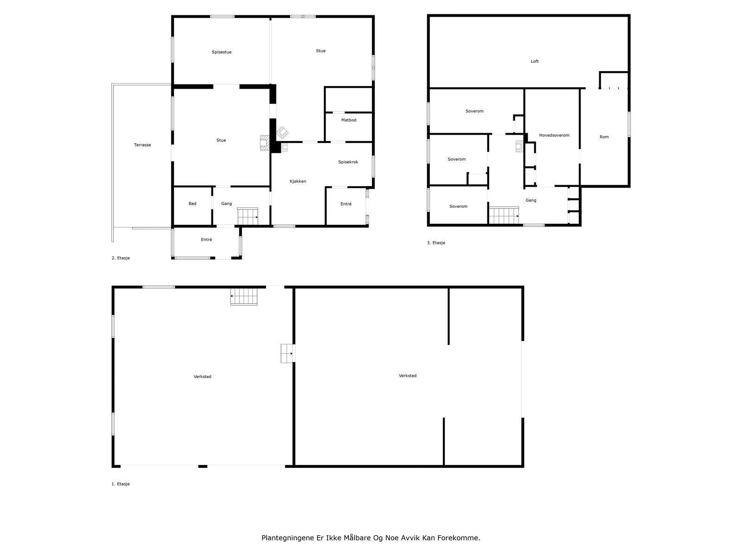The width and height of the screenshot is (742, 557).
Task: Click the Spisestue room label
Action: pos(221,52)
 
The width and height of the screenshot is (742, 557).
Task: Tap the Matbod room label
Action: pos(349,120)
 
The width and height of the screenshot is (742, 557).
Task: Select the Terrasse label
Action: pos(142,145)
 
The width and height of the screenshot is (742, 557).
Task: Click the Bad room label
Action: pos(192,204)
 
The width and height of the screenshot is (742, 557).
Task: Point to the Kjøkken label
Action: pos(298,181)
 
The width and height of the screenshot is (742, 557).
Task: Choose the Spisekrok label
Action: pos(348,162)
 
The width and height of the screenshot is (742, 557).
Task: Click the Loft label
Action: pos(535,61)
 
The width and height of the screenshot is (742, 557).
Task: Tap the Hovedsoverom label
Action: pos(554,136)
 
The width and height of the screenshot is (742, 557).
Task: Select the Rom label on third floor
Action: pos(604,137)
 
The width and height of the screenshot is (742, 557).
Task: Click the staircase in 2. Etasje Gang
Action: pos(248,216)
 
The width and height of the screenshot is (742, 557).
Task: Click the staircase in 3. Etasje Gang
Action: pos(504,215)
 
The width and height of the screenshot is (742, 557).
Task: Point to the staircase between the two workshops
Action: pos(288,354)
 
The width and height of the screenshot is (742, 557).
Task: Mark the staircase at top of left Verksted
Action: pos(244,297)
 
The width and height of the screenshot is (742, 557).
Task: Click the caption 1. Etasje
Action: pos(121,484)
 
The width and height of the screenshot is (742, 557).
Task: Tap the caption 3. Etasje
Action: pos(436,243)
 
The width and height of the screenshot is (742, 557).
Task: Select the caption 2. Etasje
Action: pos(121,258)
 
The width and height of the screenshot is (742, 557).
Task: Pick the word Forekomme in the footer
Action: pos(461,538)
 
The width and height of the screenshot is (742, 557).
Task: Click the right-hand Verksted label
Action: pos(408,376)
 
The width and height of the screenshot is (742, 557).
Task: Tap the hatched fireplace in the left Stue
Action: pos(264,143)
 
